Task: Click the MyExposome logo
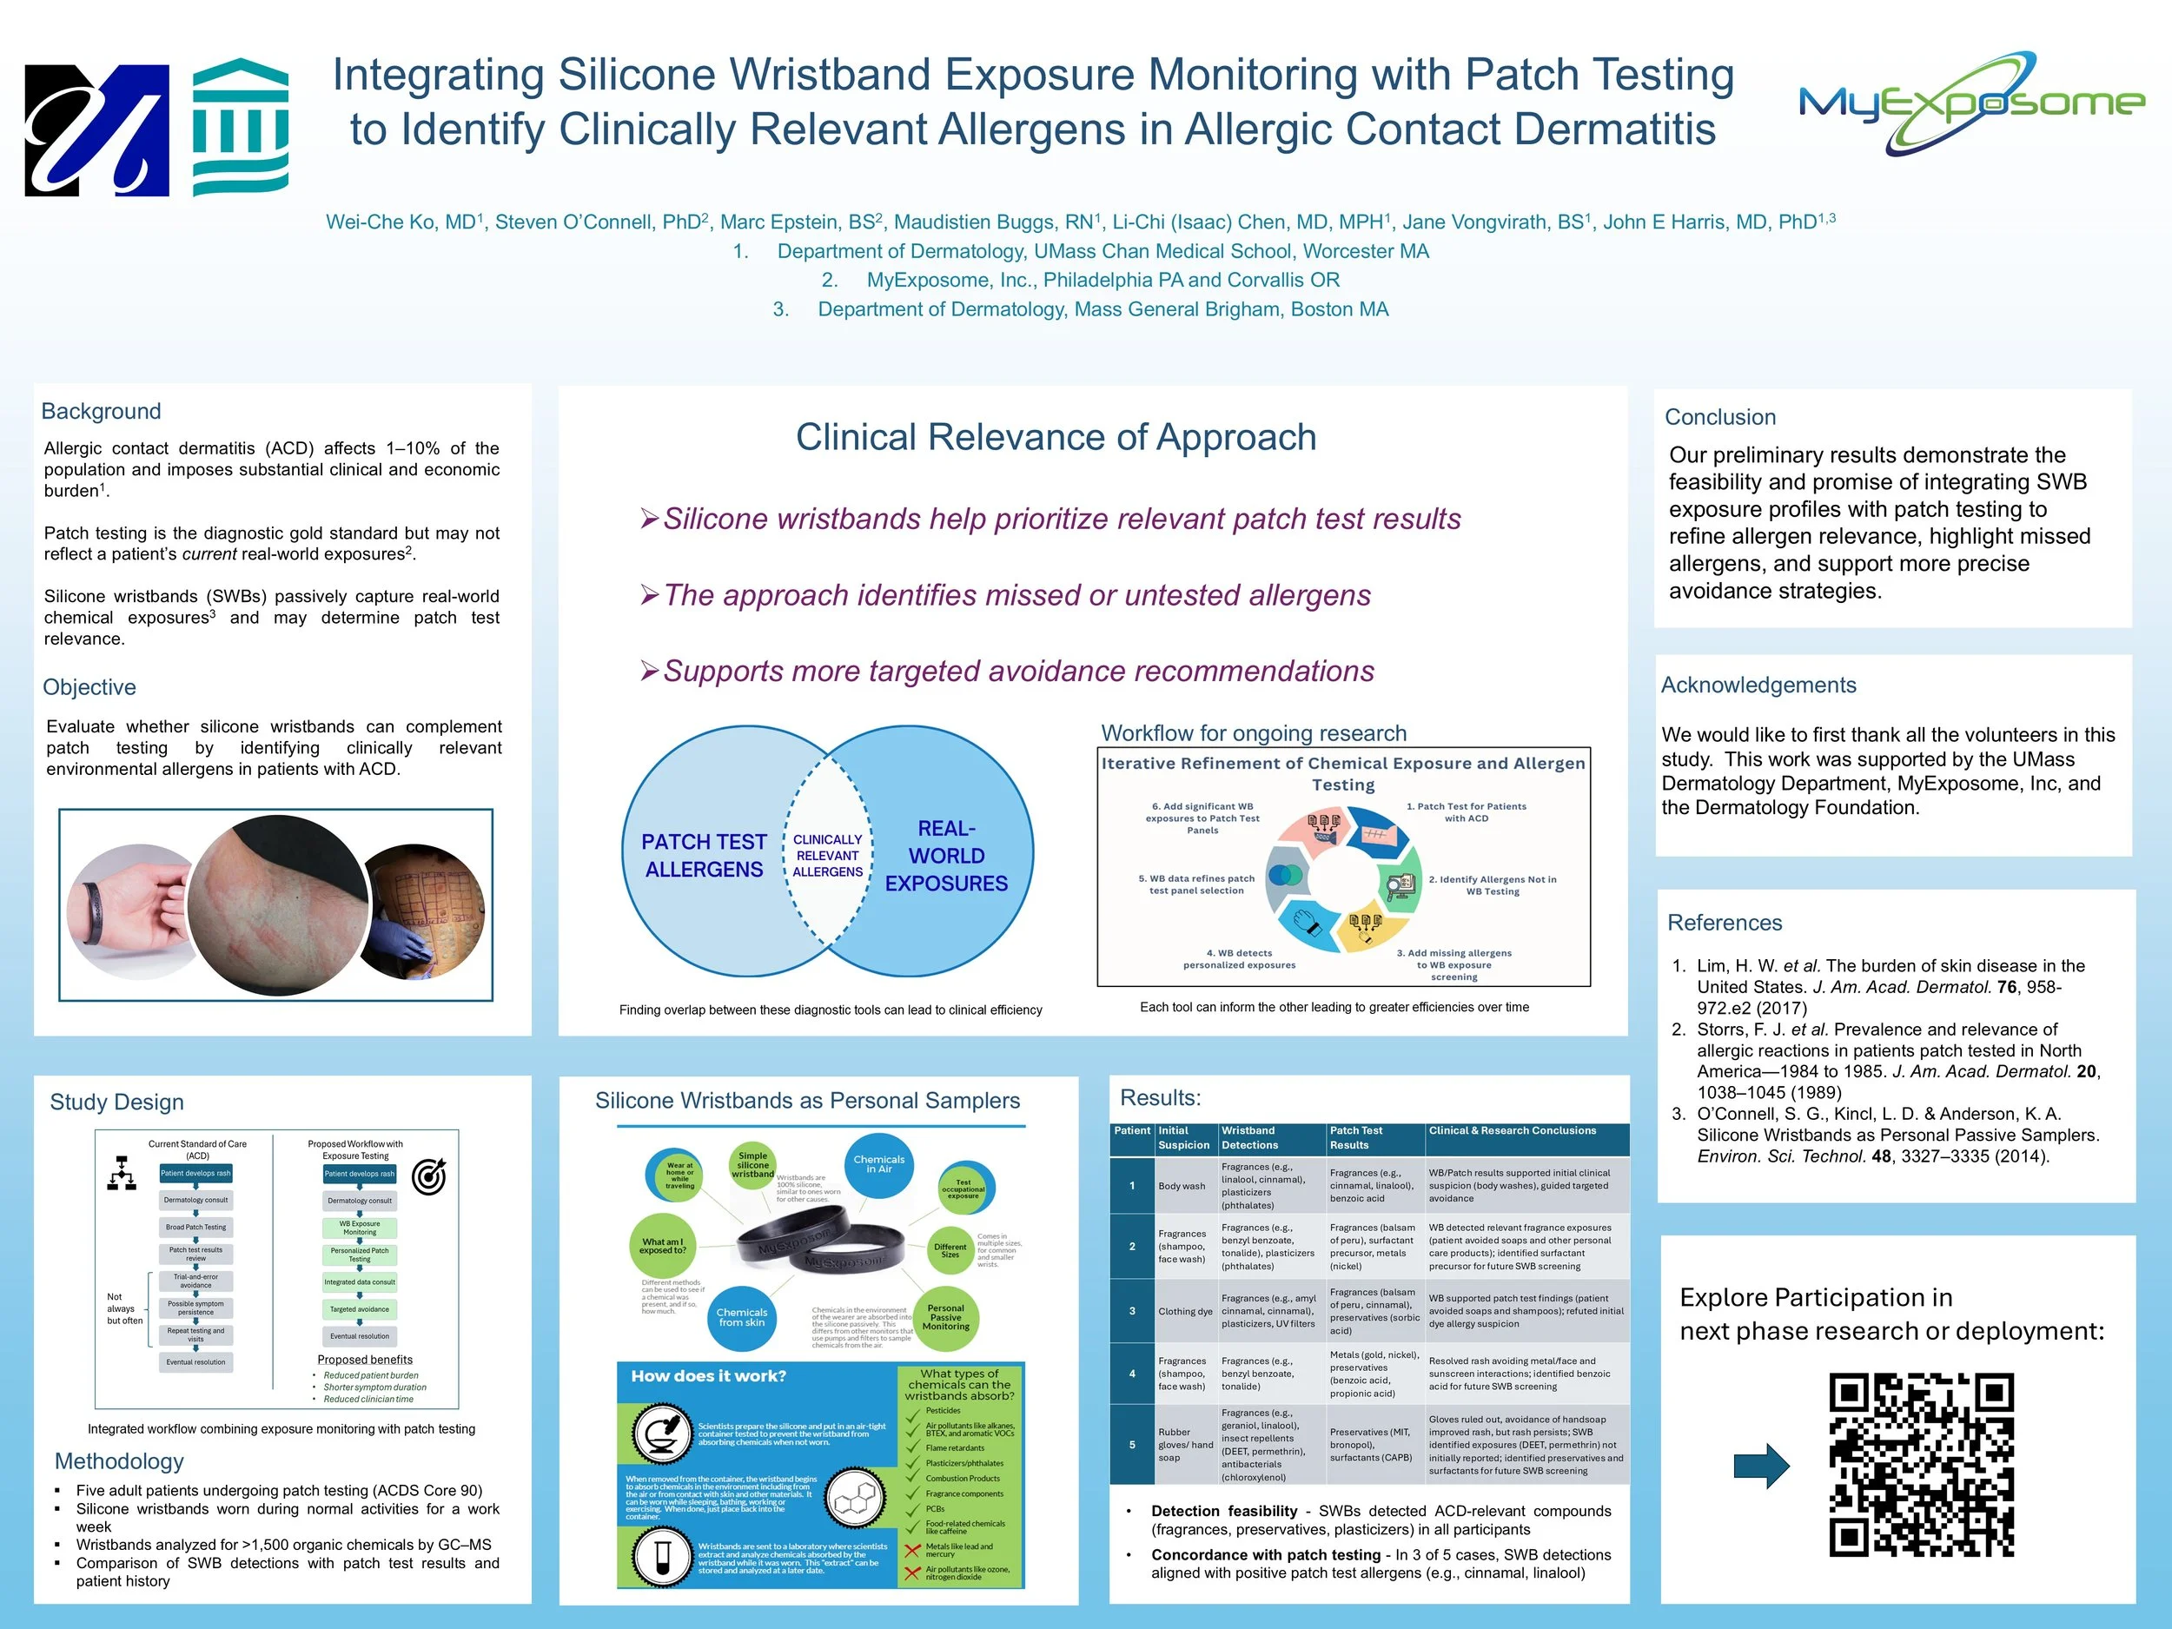pos(1970,103)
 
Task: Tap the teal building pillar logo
pos(241,127)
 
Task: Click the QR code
pos(1921,1465)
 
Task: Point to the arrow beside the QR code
pos(1762,1466)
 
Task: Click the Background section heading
pos(101,412)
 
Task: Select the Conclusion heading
pos(1720,417)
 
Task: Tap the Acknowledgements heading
pos(1758,685)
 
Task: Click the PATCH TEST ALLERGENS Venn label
pos(703,855)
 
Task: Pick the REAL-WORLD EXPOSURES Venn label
pos(945,855)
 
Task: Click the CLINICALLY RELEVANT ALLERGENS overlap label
pos(828,855)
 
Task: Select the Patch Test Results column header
pos(1356,1138)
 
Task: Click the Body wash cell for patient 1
pos(1182,1186)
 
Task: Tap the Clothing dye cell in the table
pos(1185,1311)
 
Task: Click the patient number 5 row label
pos(1132,1445)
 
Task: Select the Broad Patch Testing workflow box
pos(195,1228)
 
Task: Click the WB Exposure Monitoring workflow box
pos(360,1228)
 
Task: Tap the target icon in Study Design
pos(428,1176)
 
